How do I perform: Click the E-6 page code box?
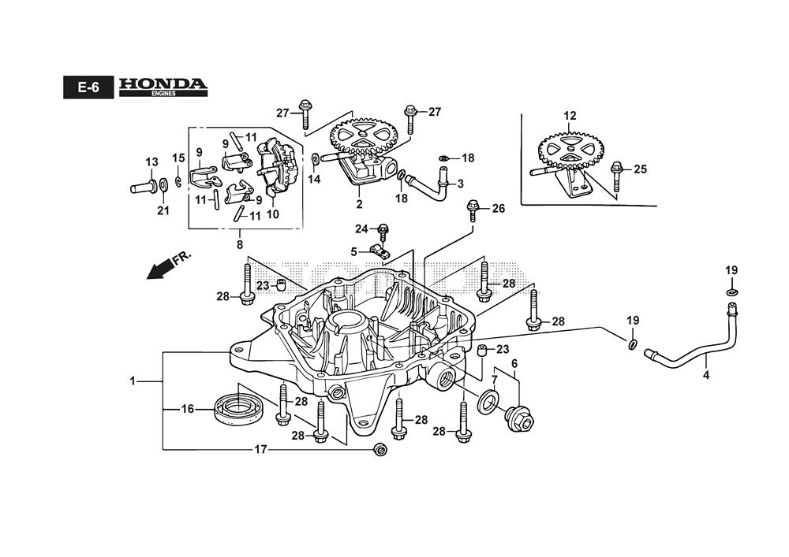point(88,87)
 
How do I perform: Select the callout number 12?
point(570,117)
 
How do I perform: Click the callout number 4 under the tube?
point(706,375)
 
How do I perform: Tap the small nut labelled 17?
point(379,450)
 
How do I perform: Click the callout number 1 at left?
point(133,381)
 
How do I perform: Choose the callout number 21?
point(163,210)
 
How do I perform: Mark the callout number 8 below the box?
point(240,234)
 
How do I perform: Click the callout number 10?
point(275,214)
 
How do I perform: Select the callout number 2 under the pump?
point(359,204)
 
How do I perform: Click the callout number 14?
point(315,179)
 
